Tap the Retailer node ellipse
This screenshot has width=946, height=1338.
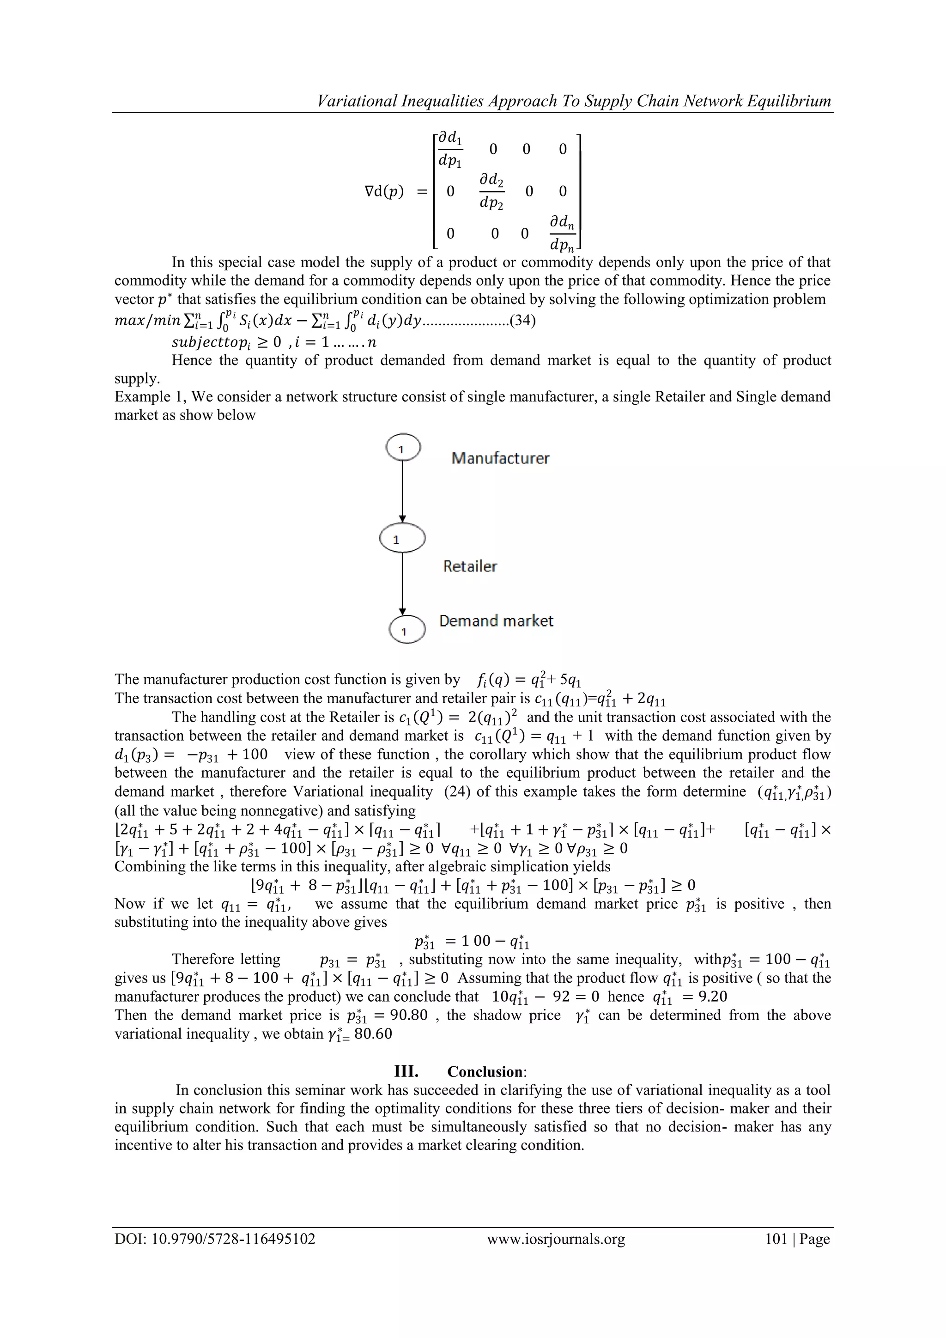402,538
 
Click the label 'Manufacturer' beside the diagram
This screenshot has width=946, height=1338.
500,458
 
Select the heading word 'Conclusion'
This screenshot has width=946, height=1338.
485,1071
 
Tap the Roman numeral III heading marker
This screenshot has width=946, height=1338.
406,1071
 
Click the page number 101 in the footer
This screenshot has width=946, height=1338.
776,1239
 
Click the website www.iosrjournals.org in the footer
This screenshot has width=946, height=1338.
556,1239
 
